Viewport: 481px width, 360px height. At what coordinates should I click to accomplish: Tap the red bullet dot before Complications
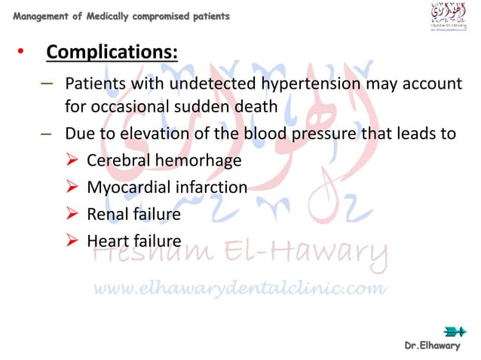pyautogui.click(x=20, y=53)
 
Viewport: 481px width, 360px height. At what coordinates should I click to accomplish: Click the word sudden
pyautogui.click(x=190, y=107)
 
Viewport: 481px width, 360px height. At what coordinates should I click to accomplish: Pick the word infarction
pyautogui.click(x=212, y=187)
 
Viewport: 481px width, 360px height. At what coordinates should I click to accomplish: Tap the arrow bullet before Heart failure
pyautogui.click(x=72, y=241)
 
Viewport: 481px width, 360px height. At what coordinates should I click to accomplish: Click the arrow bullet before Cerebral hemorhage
pyautogui.click(x=72, y=160)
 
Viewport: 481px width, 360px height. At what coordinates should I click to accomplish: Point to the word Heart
pyautogui.click(x=108, y=241)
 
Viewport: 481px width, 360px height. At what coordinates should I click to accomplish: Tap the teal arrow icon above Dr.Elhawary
pyautogui.click(x=455, y=331)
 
